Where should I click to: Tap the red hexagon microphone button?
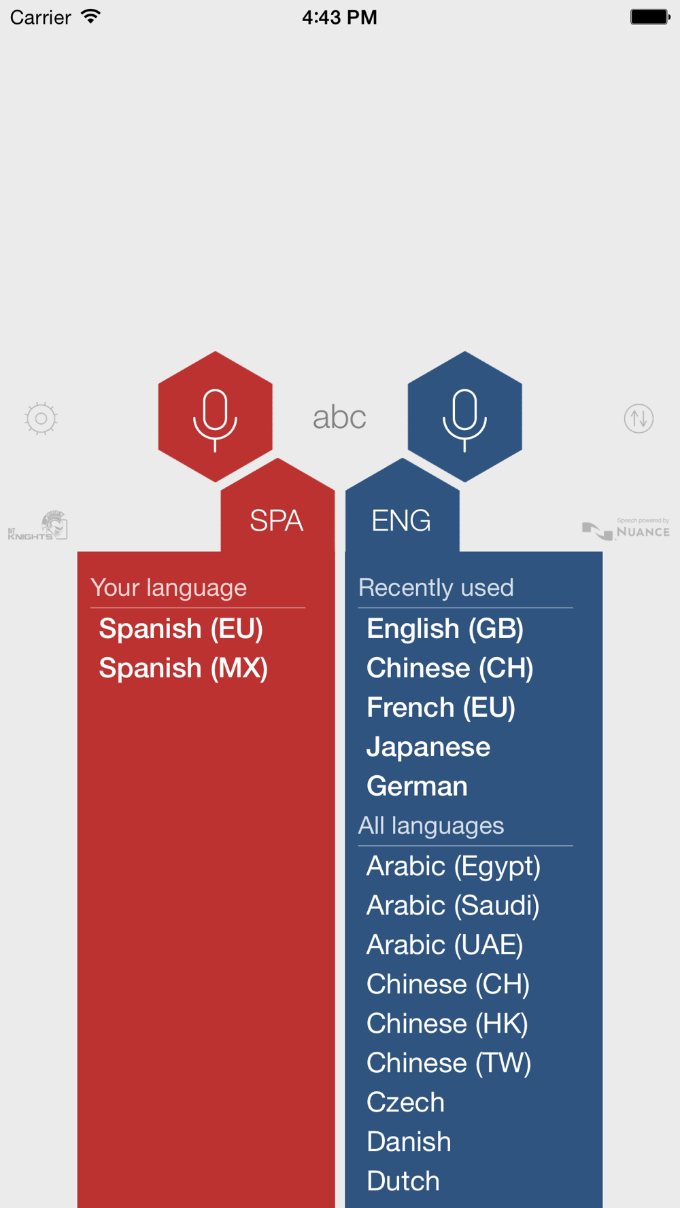click(x=215, y=416)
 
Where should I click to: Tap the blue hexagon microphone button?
click(x=464, y=416)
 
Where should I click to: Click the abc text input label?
click(x=339, y=417)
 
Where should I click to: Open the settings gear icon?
click(x=41, y=419)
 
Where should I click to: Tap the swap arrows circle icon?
click(x=639, y=419)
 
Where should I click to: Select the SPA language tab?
click(x=276, y=520)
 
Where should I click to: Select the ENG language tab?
click(x=401, y=520)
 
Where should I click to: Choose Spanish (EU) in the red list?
click(x=181, y=629)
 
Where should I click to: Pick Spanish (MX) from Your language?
click(x=184, y=669)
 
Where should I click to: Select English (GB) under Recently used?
click(x=445, y=629)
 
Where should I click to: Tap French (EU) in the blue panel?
click(x=441, y=708)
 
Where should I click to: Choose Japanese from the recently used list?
click(x=428, y=747)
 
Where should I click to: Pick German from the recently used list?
click(x=417, y=787)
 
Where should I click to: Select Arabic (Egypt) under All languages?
click(x=454, y=867)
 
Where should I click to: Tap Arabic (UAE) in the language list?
click(x=445, y=946)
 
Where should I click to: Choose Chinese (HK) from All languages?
click(x=447, y=1025)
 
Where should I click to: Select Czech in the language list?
click(x=405, y=1103)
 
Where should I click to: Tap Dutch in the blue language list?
click(x=403, y=1182)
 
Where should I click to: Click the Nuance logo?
click(x=626, y=529)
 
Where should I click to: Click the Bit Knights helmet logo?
click(x=37, y=525)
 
